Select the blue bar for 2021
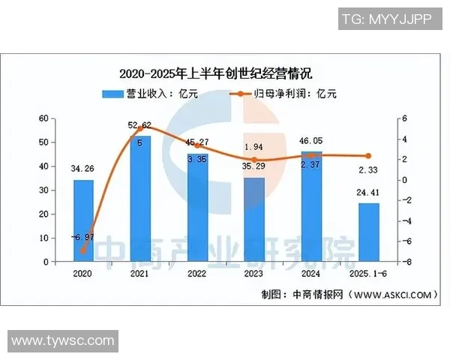tap(140, 199)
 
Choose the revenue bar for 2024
tap(311, 206)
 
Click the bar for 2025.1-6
tap(368, 232)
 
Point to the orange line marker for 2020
tap(83, 251)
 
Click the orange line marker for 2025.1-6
tap(368, 156)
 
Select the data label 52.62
tap(140, 125)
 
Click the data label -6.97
tap(83, 237)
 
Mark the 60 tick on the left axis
tap(43, 118)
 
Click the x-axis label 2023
tap(254, 274)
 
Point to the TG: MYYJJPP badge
tap(385, 19)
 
